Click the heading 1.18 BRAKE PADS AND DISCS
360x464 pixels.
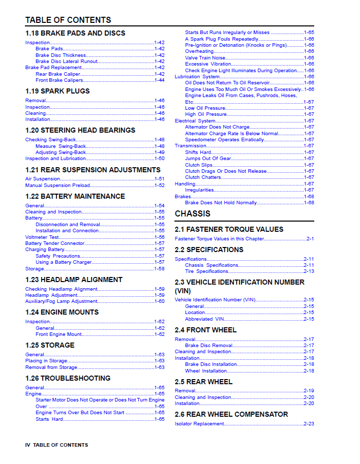pyautogui.click(x=75, y=33)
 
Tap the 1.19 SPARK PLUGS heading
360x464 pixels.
pyautogui.click(x=57, y=91)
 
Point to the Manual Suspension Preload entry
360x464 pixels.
pyautogui.click(x=58, y=185)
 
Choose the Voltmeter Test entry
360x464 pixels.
pyautogui.click(x=42, y=237)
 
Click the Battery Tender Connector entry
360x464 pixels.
pyautogui.click(x=55, y=243)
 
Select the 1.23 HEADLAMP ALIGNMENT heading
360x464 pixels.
pyautogui.click(x=74, y=280)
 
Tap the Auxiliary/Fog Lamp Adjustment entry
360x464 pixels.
pyautogui.click(x=62, y=301)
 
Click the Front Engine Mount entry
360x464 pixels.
pyautogui.click(x=58, y=334)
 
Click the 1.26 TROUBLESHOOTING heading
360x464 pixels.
pyautogui.click(x=68, y=378)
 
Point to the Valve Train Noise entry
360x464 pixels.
pyautogui.click(x=205, y=58)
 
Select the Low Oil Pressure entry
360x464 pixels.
pyautogui.click(x=204, y=108)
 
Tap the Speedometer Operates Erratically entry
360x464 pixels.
pyautogui.click(x=224, y=140)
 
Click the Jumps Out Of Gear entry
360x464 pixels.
pyautogui.click(x=208, y=159)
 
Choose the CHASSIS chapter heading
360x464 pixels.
pyautogui.click(x=193, y=213)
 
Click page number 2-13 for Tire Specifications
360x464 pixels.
pyautogui.click(x=309, y=271)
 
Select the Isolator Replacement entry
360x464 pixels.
pyautogui.click(x=199, y=424)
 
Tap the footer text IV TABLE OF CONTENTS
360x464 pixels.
pyautogui.click(x=56, y=445)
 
